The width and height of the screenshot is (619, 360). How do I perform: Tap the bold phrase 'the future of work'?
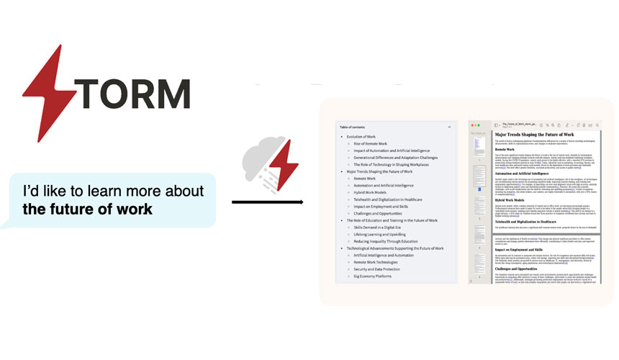point(88,210)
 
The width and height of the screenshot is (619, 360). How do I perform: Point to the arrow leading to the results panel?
point(267,202)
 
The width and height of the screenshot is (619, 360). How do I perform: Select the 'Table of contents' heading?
point(357,127)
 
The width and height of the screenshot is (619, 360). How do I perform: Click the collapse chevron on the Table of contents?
point(449,127)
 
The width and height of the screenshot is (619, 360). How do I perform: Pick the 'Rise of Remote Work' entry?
point(370,144)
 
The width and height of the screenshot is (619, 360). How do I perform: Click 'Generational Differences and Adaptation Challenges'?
point(395,158)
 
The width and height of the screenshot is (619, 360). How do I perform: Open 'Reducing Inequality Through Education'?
point(387,240)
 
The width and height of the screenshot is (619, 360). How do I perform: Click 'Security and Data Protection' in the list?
point(379,269)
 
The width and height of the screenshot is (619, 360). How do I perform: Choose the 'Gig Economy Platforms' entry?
point(372,276)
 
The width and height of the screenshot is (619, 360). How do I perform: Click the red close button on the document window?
point(473,125)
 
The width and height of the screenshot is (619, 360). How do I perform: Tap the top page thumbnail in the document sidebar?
point(480,146)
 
